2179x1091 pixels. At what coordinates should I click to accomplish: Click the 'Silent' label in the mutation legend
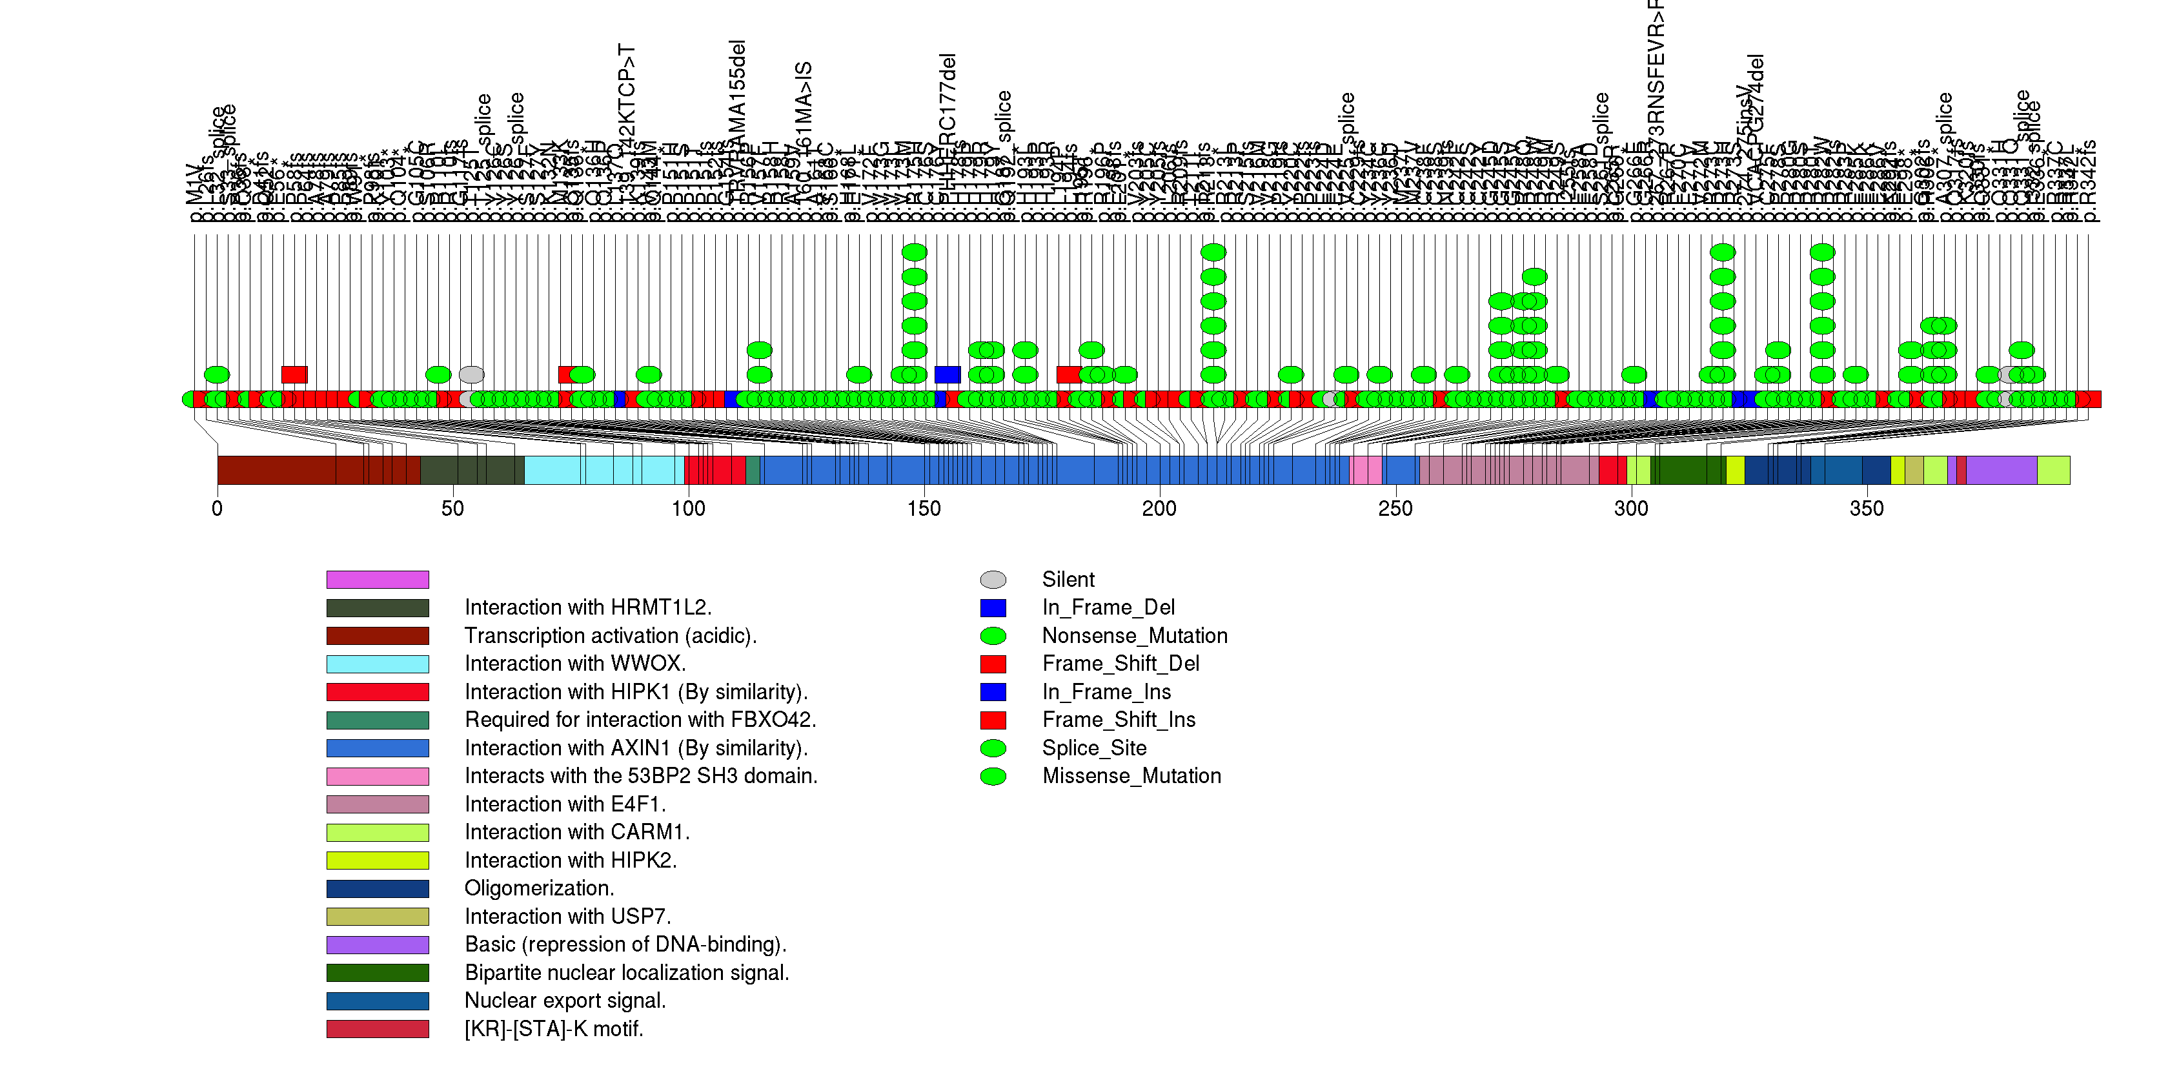click(1068, 579)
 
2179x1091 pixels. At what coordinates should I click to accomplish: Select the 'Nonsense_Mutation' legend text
click(1134, 635)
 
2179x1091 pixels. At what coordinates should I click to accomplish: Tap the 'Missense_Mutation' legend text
click(1131, 775)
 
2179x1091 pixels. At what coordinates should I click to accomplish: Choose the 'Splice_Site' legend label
click(1094, 748)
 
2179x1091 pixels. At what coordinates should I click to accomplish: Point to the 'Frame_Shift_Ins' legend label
click(1119, 720)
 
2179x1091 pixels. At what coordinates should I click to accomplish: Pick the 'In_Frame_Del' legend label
click(1108, 607)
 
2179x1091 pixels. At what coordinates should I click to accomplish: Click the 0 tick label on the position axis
click(218, 508)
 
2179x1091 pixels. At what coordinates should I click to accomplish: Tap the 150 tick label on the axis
click(924, 508)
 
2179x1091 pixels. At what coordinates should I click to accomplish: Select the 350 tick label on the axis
click(1866, 508)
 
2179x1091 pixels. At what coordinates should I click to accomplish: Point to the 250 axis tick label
click(1395, 508)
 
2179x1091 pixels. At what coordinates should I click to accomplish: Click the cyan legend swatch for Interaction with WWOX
click(378, 664)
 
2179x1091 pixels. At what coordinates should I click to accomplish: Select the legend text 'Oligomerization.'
click(539, 888)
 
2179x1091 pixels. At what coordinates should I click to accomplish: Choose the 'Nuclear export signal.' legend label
click(565, 1001)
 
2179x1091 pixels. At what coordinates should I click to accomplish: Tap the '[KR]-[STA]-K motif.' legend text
click(553, 1028)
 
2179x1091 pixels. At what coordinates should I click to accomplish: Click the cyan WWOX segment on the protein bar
click(604, 470)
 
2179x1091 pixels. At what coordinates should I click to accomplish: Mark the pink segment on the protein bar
click(1366, 470)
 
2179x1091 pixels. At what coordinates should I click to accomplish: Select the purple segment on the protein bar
click(2000, 470)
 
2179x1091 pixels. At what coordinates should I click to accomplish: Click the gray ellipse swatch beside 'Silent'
click(993, 579)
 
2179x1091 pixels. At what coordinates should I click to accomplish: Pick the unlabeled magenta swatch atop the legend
click(378, 579)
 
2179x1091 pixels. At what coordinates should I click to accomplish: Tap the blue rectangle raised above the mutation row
click(948, 374)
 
